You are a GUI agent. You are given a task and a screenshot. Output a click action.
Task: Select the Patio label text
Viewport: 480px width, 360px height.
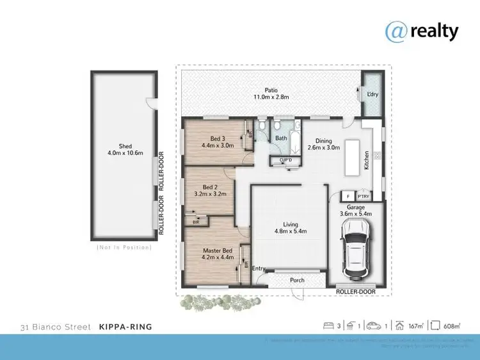273,90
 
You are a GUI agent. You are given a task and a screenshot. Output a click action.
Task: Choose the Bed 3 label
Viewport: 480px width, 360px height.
218,138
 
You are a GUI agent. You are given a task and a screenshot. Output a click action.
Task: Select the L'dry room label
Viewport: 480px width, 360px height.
372,95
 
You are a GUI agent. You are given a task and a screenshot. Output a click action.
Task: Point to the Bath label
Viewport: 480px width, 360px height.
281,138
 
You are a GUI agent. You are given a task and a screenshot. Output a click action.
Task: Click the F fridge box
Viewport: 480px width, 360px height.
348,197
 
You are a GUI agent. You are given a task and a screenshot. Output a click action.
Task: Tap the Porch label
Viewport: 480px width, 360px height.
297,281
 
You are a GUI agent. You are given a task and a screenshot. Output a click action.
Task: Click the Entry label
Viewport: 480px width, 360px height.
259,268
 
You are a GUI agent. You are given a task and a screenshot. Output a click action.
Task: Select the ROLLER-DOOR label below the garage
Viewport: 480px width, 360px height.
356,291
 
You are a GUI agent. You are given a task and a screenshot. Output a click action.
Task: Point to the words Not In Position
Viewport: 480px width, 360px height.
124,247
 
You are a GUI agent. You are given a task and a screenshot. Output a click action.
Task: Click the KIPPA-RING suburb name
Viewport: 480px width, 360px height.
125,327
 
